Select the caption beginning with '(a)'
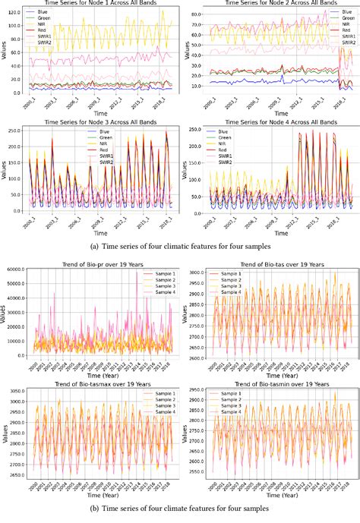[180, 245]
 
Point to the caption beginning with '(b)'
[180, 514]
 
